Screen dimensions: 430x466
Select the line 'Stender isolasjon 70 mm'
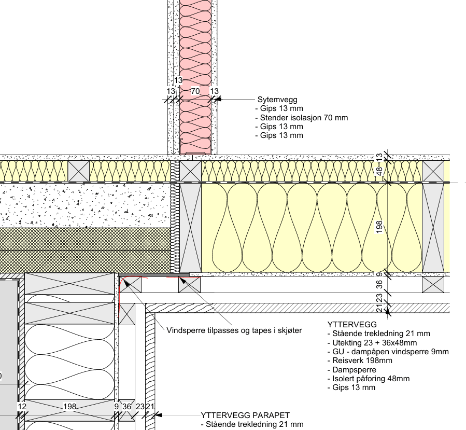point(301,118)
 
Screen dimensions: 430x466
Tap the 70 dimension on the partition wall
point(195,91)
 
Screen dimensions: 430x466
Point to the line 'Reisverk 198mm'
point(357,360)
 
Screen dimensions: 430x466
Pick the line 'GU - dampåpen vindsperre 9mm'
point(388,352)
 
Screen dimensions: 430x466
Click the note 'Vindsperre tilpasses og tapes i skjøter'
point(234,330)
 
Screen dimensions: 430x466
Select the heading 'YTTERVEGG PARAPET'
point(245,415)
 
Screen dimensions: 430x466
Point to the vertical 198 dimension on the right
point(379,227)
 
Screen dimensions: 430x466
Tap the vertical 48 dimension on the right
point(379,171)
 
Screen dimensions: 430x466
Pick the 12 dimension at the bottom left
point(22,407)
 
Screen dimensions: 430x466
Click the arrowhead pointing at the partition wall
point(218,99)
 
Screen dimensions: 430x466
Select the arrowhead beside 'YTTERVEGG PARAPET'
point(158,415)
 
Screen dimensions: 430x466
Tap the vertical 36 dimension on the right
point(379,284)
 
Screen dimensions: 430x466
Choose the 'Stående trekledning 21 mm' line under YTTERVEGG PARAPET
point(252,425)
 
